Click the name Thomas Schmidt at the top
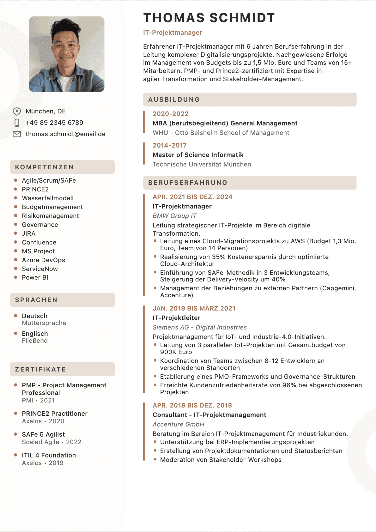[x=209, y=18]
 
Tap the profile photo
[x=67, y=54]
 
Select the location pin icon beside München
[x=17, y=112]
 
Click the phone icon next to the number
[x=17, y=123]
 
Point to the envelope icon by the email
[x=17, y=134]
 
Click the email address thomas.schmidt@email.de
[x=65, y=134]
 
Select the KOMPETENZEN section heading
[x=45, y=167]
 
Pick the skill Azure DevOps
[x=43, y=260]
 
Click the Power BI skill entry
[x=35, y=277]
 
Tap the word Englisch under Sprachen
[x=35, y=334]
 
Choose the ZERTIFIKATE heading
[x=40, y=369]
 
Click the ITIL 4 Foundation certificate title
[x=49, y=455]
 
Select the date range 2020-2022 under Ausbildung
[x=171, y=114]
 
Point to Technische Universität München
[x=202, y=164]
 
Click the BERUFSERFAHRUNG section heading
[x=188, y=183]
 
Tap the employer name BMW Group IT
[x=174, y=216]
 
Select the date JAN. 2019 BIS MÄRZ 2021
[x=194, y=308]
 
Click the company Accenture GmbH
[x=178, y=424]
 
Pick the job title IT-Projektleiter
[x=176, y=318]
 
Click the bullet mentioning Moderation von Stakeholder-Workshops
[x=221, y=460]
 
